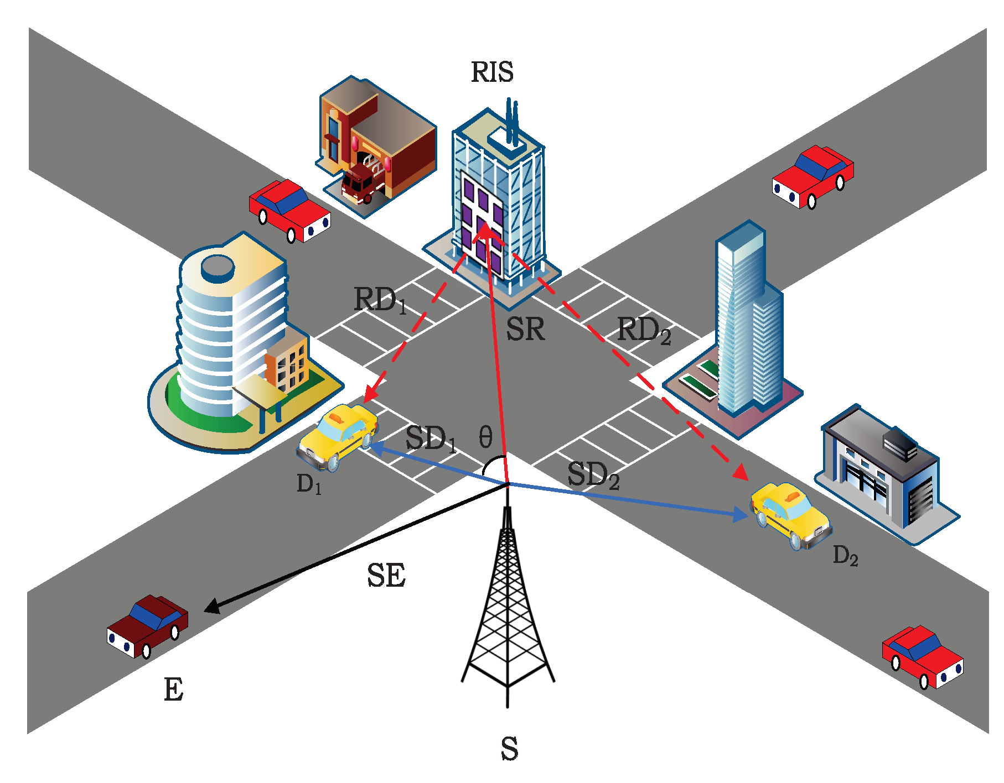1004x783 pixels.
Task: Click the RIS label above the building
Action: click(492, 72)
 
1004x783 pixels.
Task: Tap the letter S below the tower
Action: click(509, 749)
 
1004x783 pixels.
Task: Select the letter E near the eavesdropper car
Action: click(173, 690)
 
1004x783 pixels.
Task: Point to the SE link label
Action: click(386, 576)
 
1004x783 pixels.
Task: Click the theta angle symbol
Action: click(485, 437)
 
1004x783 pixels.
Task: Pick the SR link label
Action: click(525, 330)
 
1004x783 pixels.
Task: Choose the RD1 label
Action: click(380, 300)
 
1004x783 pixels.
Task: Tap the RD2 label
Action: click(644, 331)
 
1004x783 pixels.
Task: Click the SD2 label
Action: click(593, 475)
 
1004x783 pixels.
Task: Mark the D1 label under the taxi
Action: click(309, 484)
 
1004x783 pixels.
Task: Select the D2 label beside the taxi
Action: click(845, 556)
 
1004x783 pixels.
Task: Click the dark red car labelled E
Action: click(147, 626)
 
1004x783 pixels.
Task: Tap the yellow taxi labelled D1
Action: click(338, 436)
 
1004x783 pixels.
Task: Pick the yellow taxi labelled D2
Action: click(790, 514)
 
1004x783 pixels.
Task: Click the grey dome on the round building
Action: click(218, 267)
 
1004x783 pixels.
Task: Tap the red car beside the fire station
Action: click(289, 210)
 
